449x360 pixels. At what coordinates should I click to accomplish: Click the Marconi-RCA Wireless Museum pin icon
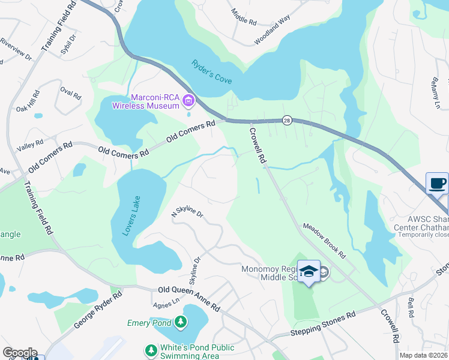coord(188,100)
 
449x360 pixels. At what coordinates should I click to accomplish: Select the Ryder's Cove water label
coord(211,72)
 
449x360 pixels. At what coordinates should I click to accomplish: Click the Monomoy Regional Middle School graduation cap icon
coord(309,271)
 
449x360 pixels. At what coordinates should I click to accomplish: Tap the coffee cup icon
coord(437,183)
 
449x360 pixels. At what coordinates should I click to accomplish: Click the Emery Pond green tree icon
coord(180,323)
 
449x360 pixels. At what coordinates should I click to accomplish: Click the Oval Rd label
coord(70,93)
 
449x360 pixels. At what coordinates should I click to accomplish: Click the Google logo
coord(20,353)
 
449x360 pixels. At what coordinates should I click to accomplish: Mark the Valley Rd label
coord(31,145)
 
